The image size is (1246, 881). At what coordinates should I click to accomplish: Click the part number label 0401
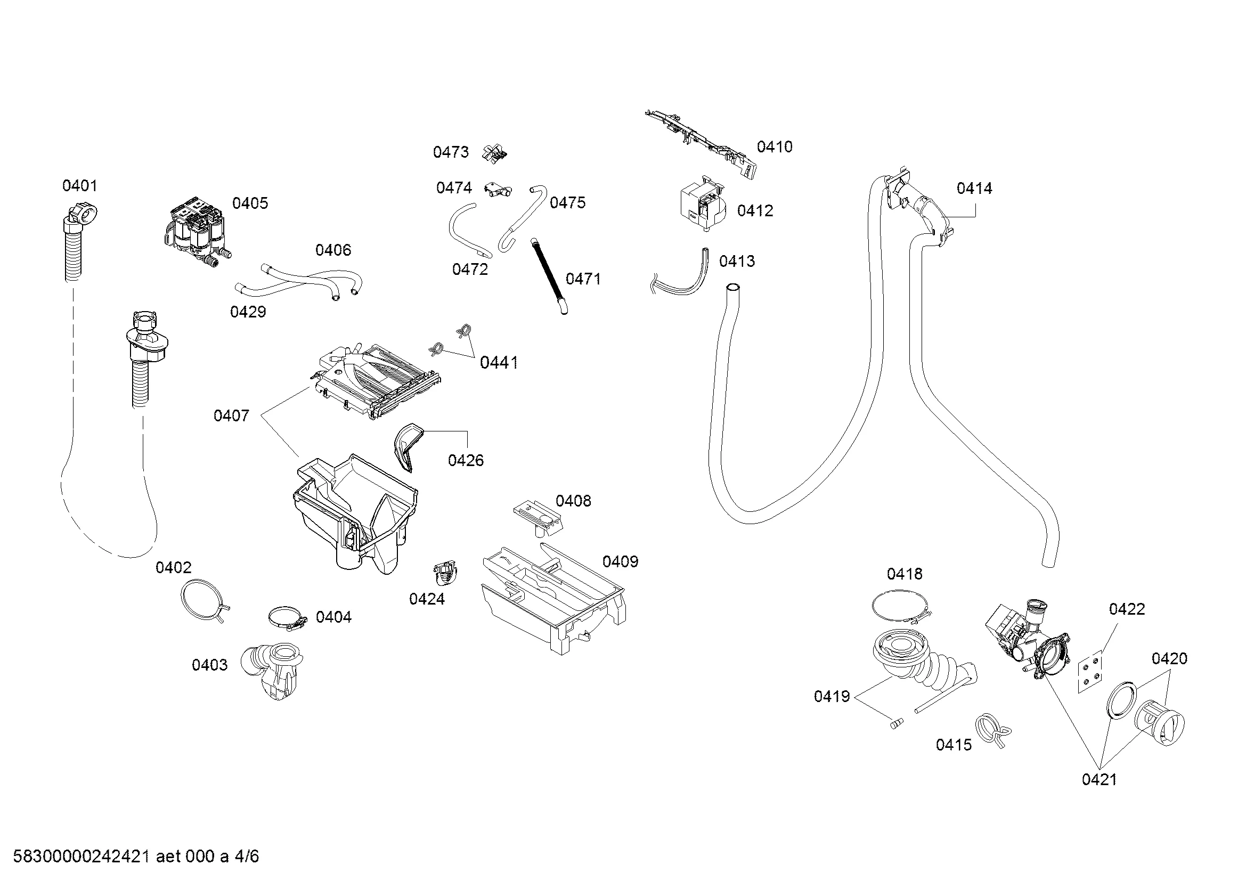pos(80,186)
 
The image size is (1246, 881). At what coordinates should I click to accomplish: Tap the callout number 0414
pos(974,189)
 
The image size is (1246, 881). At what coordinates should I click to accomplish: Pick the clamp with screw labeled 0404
pos(286,617)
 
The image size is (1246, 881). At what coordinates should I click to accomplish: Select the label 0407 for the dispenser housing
pos(231,416)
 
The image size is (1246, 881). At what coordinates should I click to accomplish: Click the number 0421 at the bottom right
pos(1099,780)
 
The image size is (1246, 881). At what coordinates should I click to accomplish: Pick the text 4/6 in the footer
pos(247,856)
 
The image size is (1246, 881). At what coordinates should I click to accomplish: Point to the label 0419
pos(832,697)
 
